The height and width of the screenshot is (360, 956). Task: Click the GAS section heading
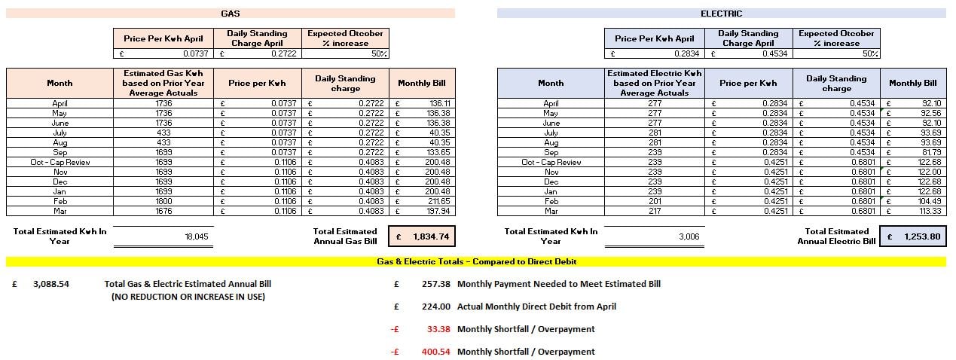[x=231, y=14]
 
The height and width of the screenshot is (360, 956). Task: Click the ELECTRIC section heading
[x=721, y=14]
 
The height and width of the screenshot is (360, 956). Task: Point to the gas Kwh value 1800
[x=163, y=201]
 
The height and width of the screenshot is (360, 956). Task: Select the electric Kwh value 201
[x=654, y=201]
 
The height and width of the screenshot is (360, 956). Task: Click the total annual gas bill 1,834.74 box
[x=422, y=236]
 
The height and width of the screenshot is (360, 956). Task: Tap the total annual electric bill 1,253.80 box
[x=912, y=236]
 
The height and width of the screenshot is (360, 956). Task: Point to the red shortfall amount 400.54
[x=437, y=352]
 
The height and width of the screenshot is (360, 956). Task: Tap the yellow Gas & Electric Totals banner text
[x=477, y=261]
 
